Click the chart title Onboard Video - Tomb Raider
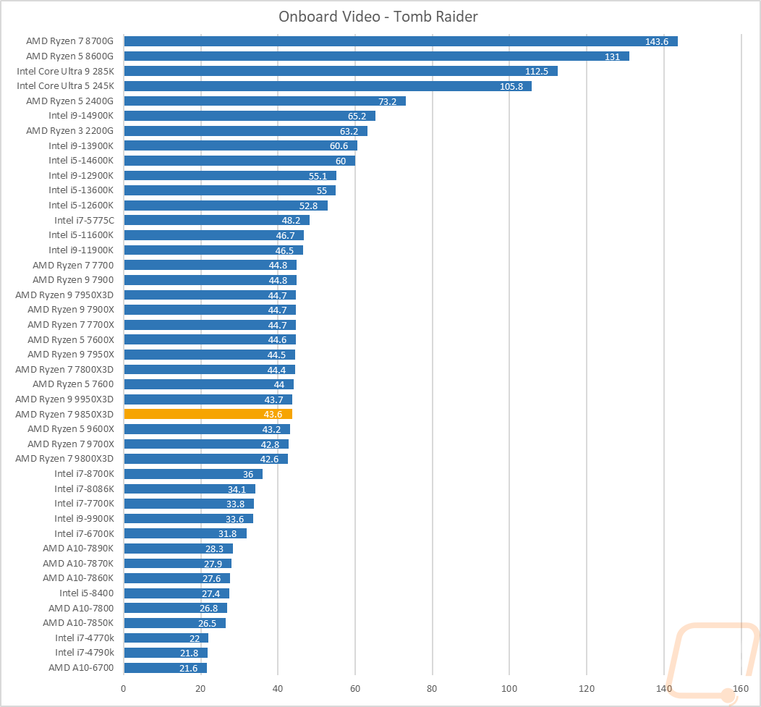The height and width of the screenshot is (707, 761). point(378,17)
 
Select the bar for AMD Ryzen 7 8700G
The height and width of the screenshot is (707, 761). point(400,41)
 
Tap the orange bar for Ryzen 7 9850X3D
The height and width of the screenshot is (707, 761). point(208,414)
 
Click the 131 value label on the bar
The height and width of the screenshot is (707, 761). point(612,56)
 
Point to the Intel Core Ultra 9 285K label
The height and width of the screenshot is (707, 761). point(66,71)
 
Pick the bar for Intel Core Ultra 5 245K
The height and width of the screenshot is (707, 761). point(327,86)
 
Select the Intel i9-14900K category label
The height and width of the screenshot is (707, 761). point(81,116)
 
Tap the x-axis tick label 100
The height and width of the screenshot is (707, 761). point(509,687)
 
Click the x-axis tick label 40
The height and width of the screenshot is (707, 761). point(278,687)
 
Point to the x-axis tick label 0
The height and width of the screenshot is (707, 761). point(124,687)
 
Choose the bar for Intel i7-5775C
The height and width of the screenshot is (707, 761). point(216,220)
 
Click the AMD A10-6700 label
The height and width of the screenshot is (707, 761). point(81,667)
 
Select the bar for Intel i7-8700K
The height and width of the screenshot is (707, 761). point(193,474)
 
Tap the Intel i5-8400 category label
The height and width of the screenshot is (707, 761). point(87,593)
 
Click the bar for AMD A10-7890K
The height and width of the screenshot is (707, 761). point(178,549)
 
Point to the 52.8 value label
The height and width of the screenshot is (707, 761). point(309,206)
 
